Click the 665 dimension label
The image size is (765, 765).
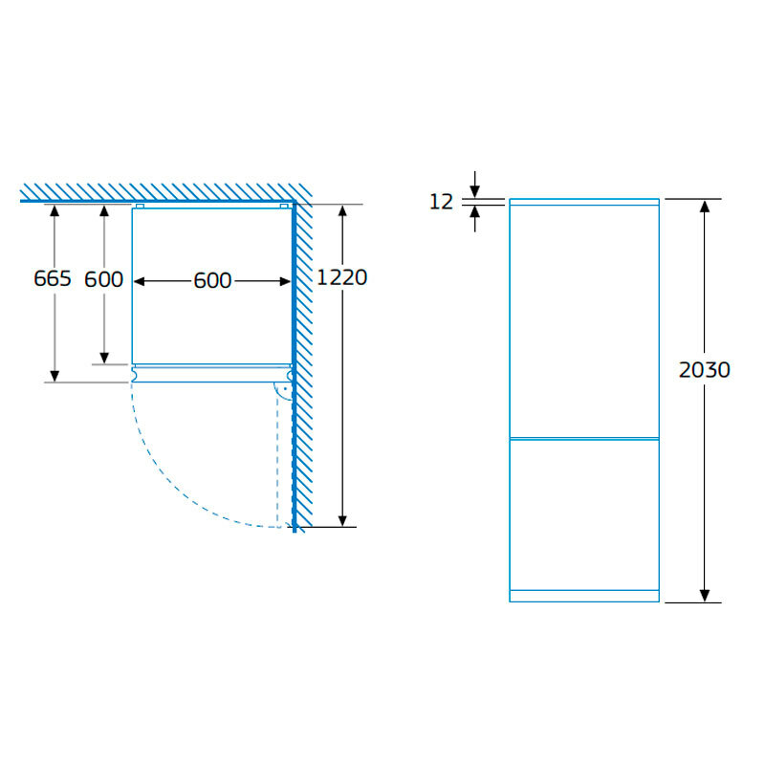(53, 278)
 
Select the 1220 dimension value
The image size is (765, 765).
(342, 277)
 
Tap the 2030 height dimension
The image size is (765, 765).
(705, 370)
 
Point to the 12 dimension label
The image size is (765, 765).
(441, 202)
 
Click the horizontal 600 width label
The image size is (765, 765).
(212, 280)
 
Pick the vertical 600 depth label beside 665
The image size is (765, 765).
(103, 279)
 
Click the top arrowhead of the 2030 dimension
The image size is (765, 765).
(705, 206)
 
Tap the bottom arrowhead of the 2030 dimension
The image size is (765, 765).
(705, 596)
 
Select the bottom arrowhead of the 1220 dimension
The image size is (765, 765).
(342, 520)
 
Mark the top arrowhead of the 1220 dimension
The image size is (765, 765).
(342, 210)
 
